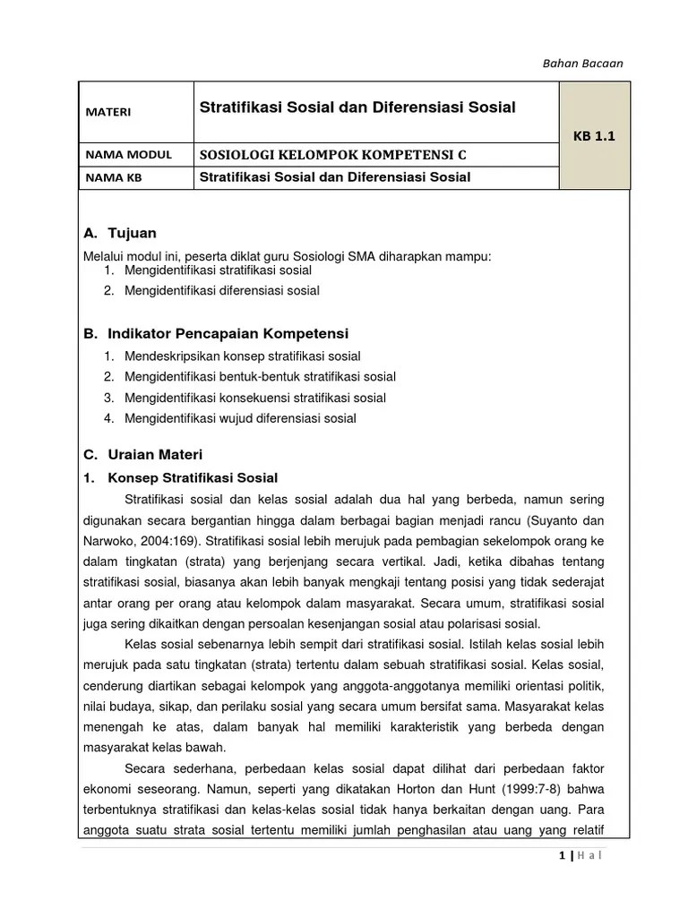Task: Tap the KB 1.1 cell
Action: click(x=594, y=136)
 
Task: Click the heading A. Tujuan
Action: click(x=119, y=234)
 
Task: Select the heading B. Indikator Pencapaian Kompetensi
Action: click(x=215, y=333)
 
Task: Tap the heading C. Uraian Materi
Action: click(x=142, y=454)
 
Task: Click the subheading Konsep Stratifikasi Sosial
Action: click(x=193, y=477)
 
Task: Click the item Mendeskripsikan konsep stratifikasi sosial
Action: click(x=243, y=356)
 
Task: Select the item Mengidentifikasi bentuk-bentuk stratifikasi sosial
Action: click(x=260, y=376)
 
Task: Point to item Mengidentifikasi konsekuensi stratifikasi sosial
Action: click(x=255, y=398)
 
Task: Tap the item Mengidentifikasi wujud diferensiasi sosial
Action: click(x=240, y=418)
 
